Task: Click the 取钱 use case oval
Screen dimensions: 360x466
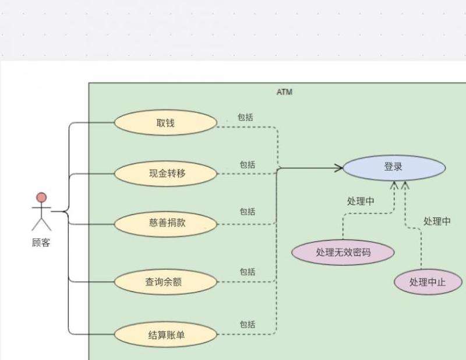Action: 165,123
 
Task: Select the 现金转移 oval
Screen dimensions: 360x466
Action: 165,173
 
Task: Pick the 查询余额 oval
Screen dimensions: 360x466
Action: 165,282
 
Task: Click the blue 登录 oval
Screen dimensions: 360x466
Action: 394,167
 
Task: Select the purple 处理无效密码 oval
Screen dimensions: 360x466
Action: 343,252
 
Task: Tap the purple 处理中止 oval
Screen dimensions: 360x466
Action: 428,283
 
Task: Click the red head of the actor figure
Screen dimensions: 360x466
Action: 41,197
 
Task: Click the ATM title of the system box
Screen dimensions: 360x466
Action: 284,92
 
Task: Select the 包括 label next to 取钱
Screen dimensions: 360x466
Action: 245,117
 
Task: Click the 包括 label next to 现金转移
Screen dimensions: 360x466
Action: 248,165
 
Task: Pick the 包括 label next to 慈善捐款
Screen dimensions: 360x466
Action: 248,211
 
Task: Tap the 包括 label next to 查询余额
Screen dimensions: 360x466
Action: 248,271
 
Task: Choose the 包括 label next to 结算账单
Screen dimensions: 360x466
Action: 248,324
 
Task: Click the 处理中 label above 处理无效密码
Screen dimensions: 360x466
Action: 361,201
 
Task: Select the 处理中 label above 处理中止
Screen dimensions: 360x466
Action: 437,221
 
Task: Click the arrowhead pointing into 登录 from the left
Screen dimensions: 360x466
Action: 338,168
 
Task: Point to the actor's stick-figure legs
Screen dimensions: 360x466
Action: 41,223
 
